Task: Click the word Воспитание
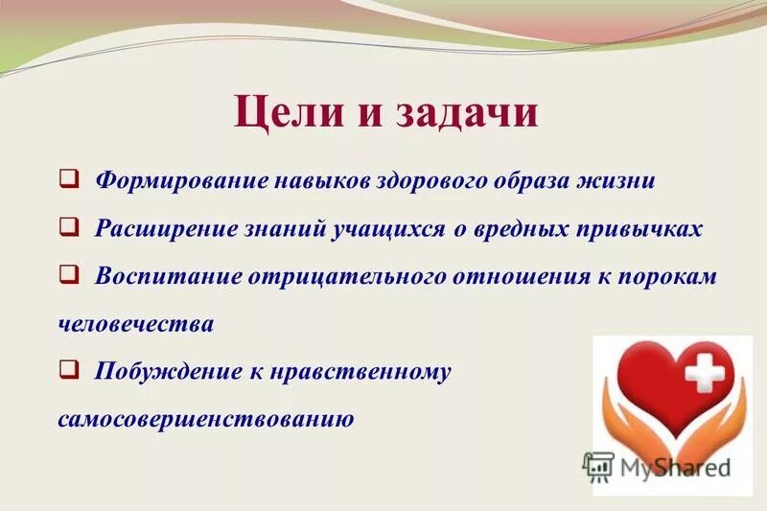point(165,276)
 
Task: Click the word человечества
point(135,324)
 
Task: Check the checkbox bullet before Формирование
point(68,179)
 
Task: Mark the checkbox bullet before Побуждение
point(68,369)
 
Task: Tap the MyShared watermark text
point(675,468)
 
